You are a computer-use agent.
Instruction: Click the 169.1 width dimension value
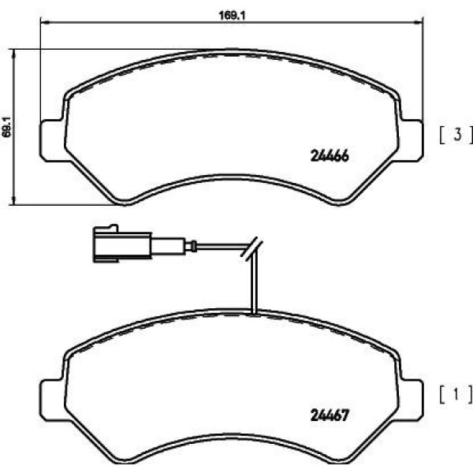(x=232, y=16)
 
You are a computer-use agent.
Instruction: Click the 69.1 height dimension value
(x=6, y=127)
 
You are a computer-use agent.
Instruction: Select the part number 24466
(x=330, y=156)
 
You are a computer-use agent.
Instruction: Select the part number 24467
(x=330, y=415)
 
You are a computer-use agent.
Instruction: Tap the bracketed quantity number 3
(x=457, y=135)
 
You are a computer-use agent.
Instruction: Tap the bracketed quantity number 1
(x=456, y=395)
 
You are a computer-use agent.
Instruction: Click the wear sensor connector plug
(x=122, y=243)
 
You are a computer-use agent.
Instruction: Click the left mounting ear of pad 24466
(x=52, y=140)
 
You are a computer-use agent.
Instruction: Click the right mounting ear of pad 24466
(x=412, y=140)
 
